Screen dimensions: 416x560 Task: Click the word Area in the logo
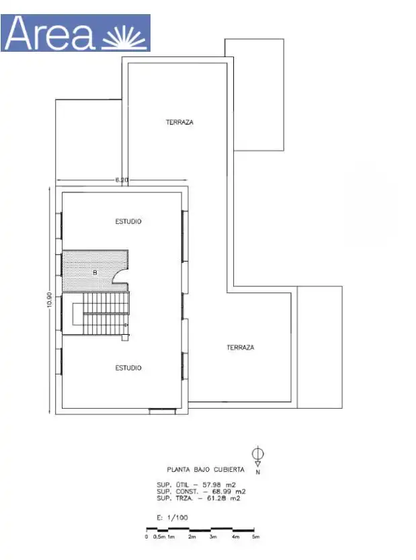tap(50, 33)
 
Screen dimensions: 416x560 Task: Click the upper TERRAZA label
tap(179, 122)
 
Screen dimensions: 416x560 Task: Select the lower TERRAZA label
tap(241, 347)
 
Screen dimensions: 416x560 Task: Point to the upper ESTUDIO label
tap(128, 221)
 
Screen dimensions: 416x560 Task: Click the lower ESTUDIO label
tap(128, 368)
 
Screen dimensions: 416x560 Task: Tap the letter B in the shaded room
tap(95, 273)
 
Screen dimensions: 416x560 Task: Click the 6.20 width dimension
tap(122, 179)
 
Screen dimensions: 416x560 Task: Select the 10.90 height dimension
tap(49, 299)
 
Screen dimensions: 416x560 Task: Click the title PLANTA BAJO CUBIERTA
tap(206, 470)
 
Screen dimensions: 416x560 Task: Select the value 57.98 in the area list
tap(212, 485)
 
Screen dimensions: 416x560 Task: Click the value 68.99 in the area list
tap(221, 491)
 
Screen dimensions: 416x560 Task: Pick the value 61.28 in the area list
tap(216, 498)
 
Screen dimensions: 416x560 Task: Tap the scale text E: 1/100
tap(172, 518)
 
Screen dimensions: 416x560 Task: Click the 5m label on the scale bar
tap(255, 536)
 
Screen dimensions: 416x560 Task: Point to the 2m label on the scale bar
tap(192, 536)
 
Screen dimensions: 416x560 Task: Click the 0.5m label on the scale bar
tap(159, 536)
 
